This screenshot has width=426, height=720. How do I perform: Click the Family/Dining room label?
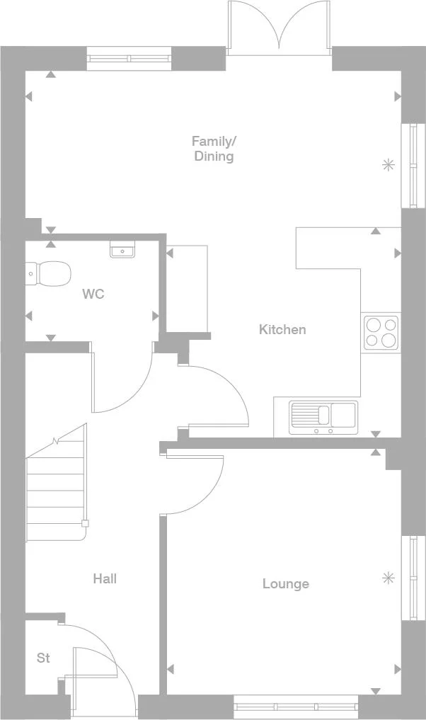[x=213, y=148]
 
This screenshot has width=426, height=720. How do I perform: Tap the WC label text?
[x=93, y=294]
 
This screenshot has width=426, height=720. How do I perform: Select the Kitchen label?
[x=282, y=329]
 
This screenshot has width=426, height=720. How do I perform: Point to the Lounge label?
[x=285, y=584]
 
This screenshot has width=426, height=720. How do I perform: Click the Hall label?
[x=105, y=579]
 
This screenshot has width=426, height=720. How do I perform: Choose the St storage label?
[x=43, y=658]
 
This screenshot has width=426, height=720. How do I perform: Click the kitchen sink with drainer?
[x=323, y=416]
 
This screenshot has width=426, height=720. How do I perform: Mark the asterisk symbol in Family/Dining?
[x=388, y=165]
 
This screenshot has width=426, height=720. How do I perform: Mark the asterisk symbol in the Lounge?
[x=388, y=578]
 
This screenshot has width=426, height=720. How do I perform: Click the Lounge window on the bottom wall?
[x=297, y=705]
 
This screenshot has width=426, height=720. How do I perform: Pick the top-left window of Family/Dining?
[x=129, y=59]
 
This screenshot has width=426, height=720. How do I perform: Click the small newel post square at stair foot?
[x=85, y=523]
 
